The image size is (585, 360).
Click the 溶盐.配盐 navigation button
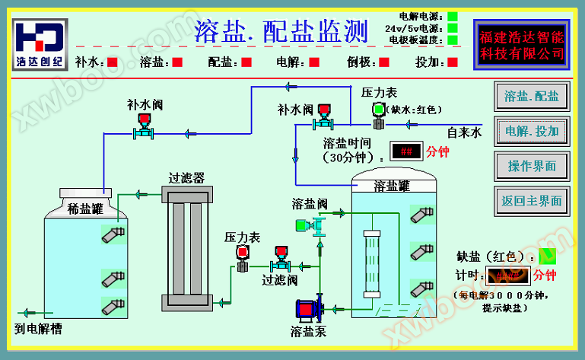pyautogui.click(x=532, y=97)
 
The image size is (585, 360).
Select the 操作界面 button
pyautogui.click(x=532, y=166)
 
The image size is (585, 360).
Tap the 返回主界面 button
pyautogui.click(x=532, y=201)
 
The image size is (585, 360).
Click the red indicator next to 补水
pyautogui.click(x=112, y=62)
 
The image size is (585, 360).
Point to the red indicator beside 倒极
pyautogui.click(x=384, y=62)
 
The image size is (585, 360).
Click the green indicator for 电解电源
pyautogui.click(x=453, y=16)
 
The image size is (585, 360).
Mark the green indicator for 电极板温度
pyautogui.click(x=453, y=40)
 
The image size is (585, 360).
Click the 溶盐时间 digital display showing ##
pyautogui.click(x=407, y=151)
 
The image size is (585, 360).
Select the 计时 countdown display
pyautogui.click(x=508, y=274)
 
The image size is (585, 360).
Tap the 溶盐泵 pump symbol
pyautogui.click(x=309, y=308)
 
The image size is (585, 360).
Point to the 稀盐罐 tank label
pyautogui.click(x=85, y=208)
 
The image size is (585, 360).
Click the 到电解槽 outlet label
pyautogui.click(x=38, y=329)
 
